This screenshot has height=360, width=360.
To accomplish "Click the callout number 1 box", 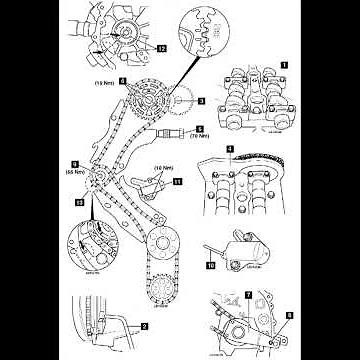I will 285,63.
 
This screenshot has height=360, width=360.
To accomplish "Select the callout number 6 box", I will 121,75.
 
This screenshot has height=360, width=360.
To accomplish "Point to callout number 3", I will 200,102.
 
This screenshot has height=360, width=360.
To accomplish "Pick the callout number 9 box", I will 75,162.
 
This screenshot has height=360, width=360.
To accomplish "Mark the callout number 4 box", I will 229,150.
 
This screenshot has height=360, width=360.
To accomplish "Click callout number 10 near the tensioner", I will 210,266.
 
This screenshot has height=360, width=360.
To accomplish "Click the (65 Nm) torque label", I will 74,171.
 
